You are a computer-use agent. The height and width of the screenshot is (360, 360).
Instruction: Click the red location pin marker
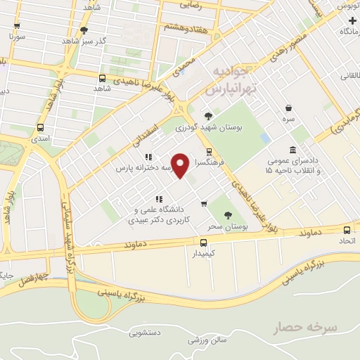click(x=181, y=165)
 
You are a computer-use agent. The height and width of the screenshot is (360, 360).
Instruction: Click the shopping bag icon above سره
click(x=288, y=108)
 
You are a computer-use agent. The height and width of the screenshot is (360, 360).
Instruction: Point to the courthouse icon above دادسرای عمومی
click(x=292, y=149)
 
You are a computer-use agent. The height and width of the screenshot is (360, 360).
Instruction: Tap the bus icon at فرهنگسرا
click(x=208, y=152)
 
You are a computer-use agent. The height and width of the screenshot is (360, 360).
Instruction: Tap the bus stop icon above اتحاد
click(x=345, y=230)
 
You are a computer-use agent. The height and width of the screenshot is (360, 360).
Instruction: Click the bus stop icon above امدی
click(x=40, y=128)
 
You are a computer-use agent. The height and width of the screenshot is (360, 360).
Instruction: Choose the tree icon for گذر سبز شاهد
click(x=85, y=30)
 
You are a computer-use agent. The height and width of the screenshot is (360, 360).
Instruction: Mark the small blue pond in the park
click(x=264, y=137)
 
